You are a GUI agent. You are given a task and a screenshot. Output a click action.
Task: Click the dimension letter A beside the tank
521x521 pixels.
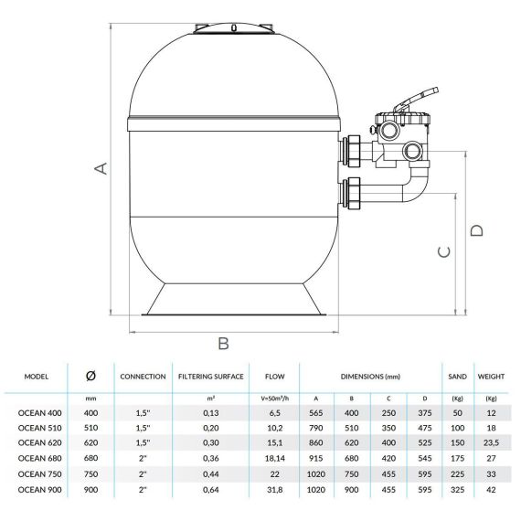[101, 168]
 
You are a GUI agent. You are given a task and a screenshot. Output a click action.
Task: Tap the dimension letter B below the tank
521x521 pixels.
[224, 344]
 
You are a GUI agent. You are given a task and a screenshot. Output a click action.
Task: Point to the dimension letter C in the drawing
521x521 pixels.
[444, 252]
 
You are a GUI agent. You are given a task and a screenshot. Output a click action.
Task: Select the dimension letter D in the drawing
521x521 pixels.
[477, 230]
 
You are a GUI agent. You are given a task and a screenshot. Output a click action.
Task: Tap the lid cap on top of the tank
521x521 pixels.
[234, 28]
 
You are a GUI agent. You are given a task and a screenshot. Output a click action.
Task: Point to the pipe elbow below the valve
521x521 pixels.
[417, 186]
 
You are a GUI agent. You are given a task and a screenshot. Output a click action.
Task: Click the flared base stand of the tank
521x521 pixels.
[234, 300]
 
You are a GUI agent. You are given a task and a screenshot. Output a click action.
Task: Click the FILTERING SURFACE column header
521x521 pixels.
[211, 377]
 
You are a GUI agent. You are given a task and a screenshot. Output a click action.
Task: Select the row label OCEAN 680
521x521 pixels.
[40, 458]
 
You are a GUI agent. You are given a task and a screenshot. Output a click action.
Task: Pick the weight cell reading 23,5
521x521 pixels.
[491, 442]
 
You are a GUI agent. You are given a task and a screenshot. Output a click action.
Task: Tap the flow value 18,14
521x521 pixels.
[275, 458]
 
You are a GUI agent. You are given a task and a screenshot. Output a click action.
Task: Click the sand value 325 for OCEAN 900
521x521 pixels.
[458, 489]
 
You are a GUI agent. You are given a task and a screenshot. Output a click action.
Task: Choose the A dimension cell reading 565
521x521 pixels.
[315, 413]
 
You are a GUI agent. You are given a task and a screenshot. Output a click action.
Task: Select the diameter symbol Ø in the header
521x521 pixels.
[90, 376]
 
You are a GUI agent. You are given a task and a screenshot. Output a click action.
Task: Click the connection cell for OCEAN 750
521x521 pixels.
[143, 473]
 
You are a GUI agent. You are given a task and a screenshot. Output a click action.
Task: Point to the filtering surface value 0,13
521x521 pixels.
[211, 413]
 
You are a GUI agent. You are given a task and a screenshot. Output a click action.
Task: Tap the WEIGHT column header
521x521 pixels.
[491, 377]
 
